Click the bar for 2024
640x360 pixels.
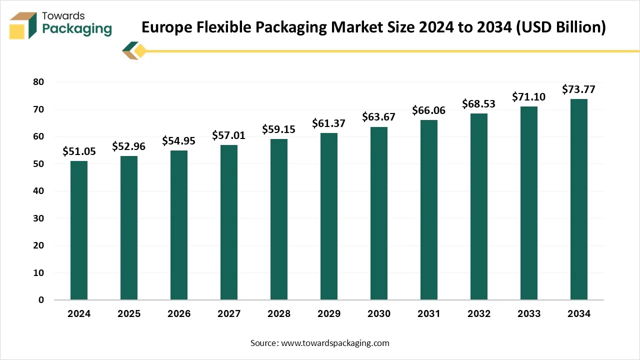(79, 230)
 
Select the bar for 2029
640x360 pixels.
(329, 216)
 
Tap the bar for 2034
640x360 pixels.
(579, 199)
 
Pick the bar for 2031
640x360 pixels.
(429, 209)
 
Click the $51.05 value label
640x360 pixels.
(79, 151)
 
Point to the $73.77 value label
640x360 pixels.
(579, 89)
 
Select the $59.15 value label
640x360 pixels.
(279, 129)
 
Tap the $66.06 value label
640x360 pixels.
(429, 110)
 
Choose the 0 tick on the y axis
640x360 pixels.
(41, 300)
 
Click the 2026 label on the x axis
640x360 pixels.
(179, 314)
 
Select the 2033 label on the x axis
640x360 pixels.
(529, 314)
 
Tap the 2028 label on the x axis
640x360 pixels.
(279, 314)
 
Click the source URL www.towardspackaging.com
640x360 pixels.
(335, 343)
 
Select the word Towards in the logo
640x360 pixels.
(63, 16)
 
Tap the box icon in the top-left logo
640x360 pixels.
(23, 25)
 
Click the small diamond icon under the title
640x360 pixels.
(140, 50)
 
